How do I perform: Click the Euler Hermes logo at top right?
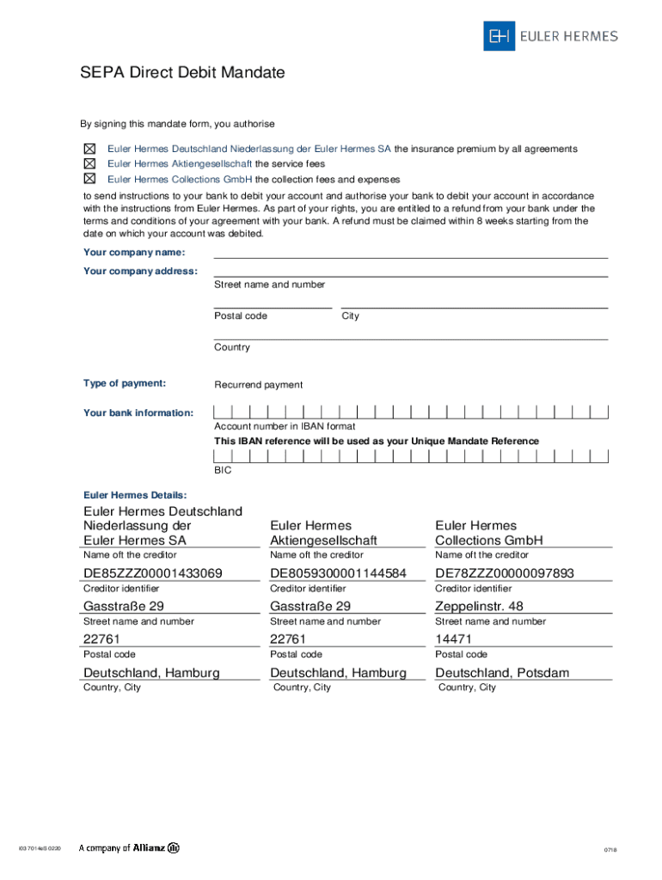click(x=550, y=36)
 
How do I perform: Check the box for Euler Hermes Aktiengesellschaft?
click(x=89, y=163)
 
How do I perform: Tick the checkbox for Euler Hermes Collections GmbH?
click(x=89, y=179)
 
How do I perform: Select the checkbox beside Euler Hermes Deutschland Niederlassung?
click(x=89, y=149)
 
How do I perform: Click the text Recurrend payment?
click(x=259, y=385)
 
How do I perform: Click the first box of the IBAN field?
click(x=221, y=412)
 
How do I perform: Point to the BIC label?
click(x=223, y=471)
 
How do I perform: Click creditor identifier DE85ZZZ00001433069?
click(x=153, y=573)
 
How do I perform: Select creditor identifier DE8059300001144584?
click(x=338, y=573)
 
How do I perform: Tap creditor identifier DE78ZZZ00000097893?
click(x=505, y=573)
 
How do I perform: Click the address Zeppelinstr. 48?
click(x=479, y=606)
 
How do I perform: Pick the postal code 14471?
click(x=453, y=639)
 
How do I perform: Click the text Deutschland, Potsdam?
click(x=502, y=673)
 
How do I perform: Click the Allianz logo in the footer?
click(x=129, y=847)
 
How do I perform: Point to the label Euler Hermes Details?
click(x=135, y=495)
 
